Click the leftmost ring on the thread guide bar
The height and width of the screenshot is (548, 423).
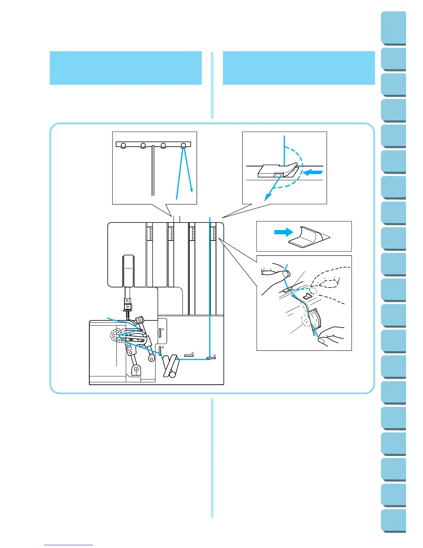123,146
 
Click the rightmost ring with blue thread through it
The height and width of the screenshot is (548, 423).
184,145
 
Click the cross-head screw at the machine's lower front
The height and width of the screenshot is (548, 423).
137,369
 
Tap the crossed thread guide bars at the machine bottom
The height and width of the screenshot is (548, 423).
170,366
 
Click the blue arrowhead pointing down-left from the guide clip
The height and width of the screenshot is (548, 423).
266,198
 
